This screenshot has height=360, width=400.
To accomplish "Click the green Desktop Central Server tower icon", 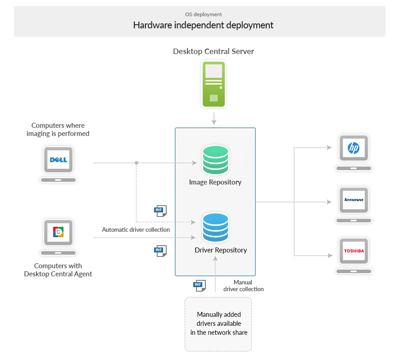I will (214, 84).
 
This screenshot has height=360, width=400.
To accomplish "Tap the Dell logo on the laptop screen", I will (59, 160).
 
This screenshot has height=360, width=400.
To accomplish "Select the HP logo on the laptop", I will (354, 148).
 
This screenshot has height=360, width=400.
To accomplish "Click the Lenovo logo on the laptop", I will (354, 200).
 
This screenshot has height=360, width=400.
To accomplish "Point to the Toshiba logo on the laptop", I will (354, 251).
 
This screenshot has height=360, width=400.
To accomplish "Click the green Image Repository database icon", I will (215, 160).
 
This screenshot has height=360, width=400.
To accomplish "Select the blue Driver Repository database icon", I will (215, 227).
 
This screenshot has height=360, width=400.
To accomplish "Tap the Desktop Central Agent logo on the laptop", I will (59, 232).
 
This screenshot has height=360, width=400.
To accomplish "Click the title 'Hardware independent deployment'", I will (203, 25).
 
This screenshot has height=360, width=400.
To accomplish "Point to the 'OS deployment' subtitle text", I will (203, 14).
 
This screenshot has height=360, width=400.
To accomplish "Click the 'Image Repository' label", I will (215, 182).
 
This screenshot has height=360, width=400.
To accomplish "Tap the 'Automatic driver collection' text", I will (136, 229).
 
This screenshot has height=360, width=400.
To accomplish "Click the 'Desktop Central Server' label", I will (214, 51).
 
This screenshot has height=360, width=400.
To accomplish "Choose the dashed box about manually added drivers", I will (218, 324).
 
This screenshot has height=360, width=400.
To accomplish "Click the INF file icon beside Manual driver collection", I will (199, 285).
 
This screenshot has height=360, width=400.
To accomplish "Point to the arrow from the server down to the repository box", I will (214, 119).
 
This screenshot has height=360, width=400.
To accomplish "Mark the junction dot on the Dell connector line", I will (136, 163).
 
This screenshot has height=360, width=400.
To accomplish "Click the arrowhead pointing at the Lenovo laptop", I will (329, 202).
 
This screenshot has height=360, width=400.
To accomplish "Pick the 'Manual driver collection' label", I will (243, 286).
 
